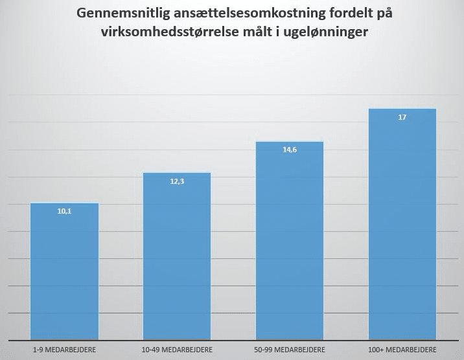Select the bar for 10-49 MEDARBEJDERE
coord(177,256)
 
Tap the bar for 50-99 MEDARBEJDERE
coord(290,240)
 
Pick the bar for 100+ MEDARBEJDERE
coord(402,223)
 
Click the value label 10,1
coord(65,212)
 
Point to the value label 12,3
coord(177,181)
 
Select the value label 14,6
coord(290,150)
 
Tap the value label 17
coord(402,117)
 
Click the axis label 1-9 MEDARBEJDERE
coord(65,350)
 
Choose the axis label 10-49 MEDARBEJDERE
coord(177,350)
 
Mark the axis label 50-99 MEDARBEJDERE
coord(290,350)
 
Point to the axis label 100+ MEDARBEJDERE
coord(402,350)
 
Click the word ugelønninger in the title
coord(327,32)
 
